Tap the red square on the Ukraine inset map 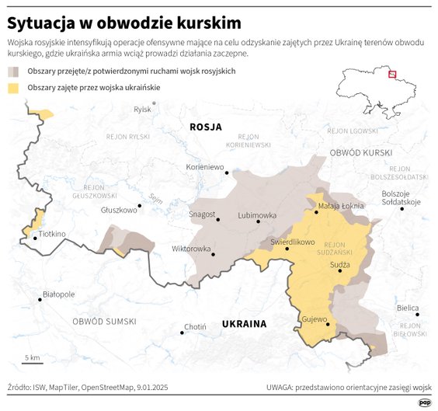click(391, 75)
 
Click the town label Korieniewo click(204, 167)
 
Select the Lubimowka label click(257, 214)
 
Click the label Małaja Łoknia click(341, 206)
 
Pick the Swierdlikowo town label click(292, 242)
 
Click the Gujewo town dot click(328, 325)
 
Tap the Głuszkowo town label click(119, 209)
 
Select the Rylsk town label click(142, 110)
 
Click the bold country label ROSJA click(206, 127)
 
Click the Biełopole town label click(58, 294)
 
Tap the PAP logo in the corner click(424, 402)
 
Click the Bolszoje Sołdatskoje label click(401, 197)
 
